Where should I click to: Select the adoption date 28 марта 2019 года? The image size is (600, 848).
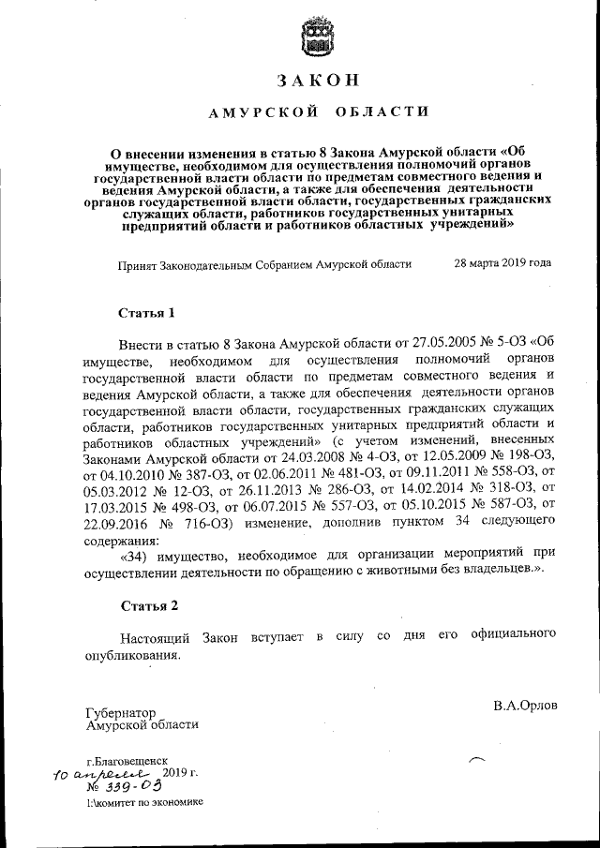pos(502,264)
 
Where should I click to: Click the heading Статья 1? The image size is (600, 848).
pos(147,311)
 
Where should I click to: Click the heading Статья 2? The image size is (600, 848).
pos(147,607)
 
